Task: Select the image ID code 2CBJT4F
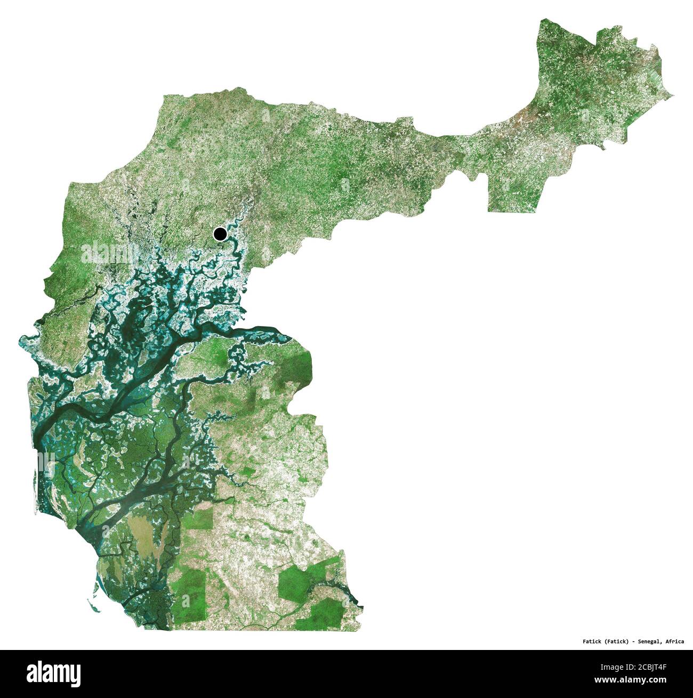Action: click(x=660, y=666)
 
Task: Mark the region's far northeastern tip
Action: click(x=671, y=96)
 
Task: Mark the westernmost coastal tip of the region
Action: click(x=21, y=339)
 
